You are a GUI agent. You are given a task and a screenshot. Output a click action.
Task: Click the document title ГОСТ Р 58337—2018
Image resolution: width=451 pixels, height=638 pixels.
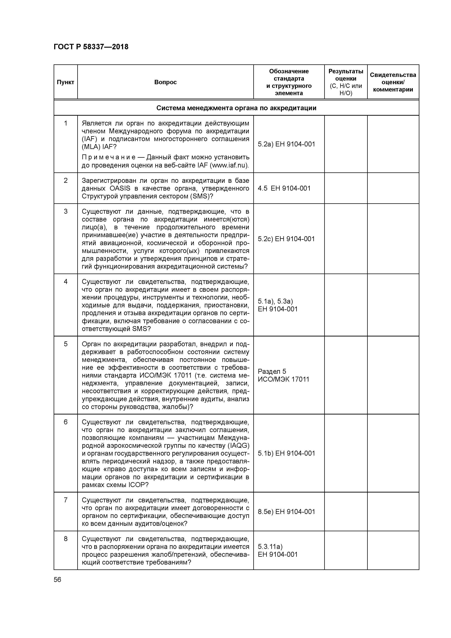pos(91,47)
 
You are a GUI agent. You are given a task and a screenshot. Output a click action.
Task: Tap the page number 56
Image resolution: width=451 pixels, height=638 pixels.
pos(57,580)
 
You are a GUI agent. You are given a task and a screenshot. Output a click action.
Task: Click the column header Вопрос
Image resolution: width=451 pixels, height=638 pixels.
pos(165,82)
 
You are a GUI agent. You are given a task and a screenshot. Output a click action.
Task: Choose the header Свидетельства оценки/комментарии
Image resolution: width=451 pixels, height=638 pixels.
pos(393,82)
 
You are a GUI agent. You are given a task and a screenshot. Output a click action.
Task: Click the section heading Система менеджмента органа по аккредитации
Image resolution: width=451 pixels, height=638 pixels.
pos(236,108)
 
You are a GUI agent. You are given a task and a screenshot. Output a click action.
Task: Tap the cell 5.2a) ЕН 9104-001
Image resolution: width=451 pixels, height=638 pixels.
pos(286,144)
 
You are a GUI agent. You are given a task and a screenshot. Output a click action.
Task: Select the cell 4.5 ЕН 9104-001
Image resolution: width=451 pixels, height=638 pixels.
pos(284,188)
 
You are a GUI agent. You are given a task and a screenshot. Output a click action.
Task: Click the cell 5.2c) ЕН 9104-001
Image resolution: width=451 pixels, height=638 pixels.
pos(286,239)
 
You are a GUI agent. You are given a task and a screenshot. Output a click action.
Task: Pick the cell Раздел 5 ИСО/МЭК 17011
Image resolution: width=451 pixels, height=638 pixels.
pos(284,375)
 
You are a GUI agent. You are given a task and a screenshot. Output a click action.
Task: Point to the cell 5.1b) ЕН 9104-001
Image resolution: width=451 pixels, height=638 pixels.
pos(286,453)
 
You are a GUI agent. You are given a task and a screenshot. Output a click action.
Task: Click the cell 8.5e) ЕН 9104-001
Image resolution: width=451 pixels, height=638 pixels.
pos(286,512)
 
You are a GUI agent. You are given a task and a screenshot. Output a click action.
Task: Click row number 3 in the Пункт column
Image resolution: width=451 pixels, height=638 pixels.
pos(66,212)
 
